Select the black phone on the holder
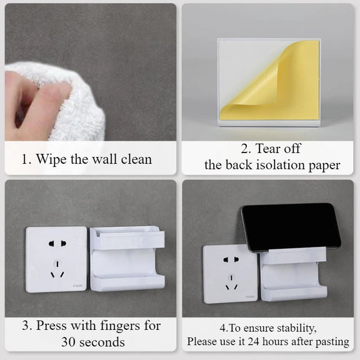(x=291, y=227)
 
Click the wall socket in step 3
(x=56, y=259)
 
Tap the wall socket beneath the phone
(x=230, y=274)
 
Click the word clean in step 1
(x=136, y=159)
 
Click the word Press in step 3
(x=51, y=326)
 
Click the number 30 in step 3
(x=69, y=342)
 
